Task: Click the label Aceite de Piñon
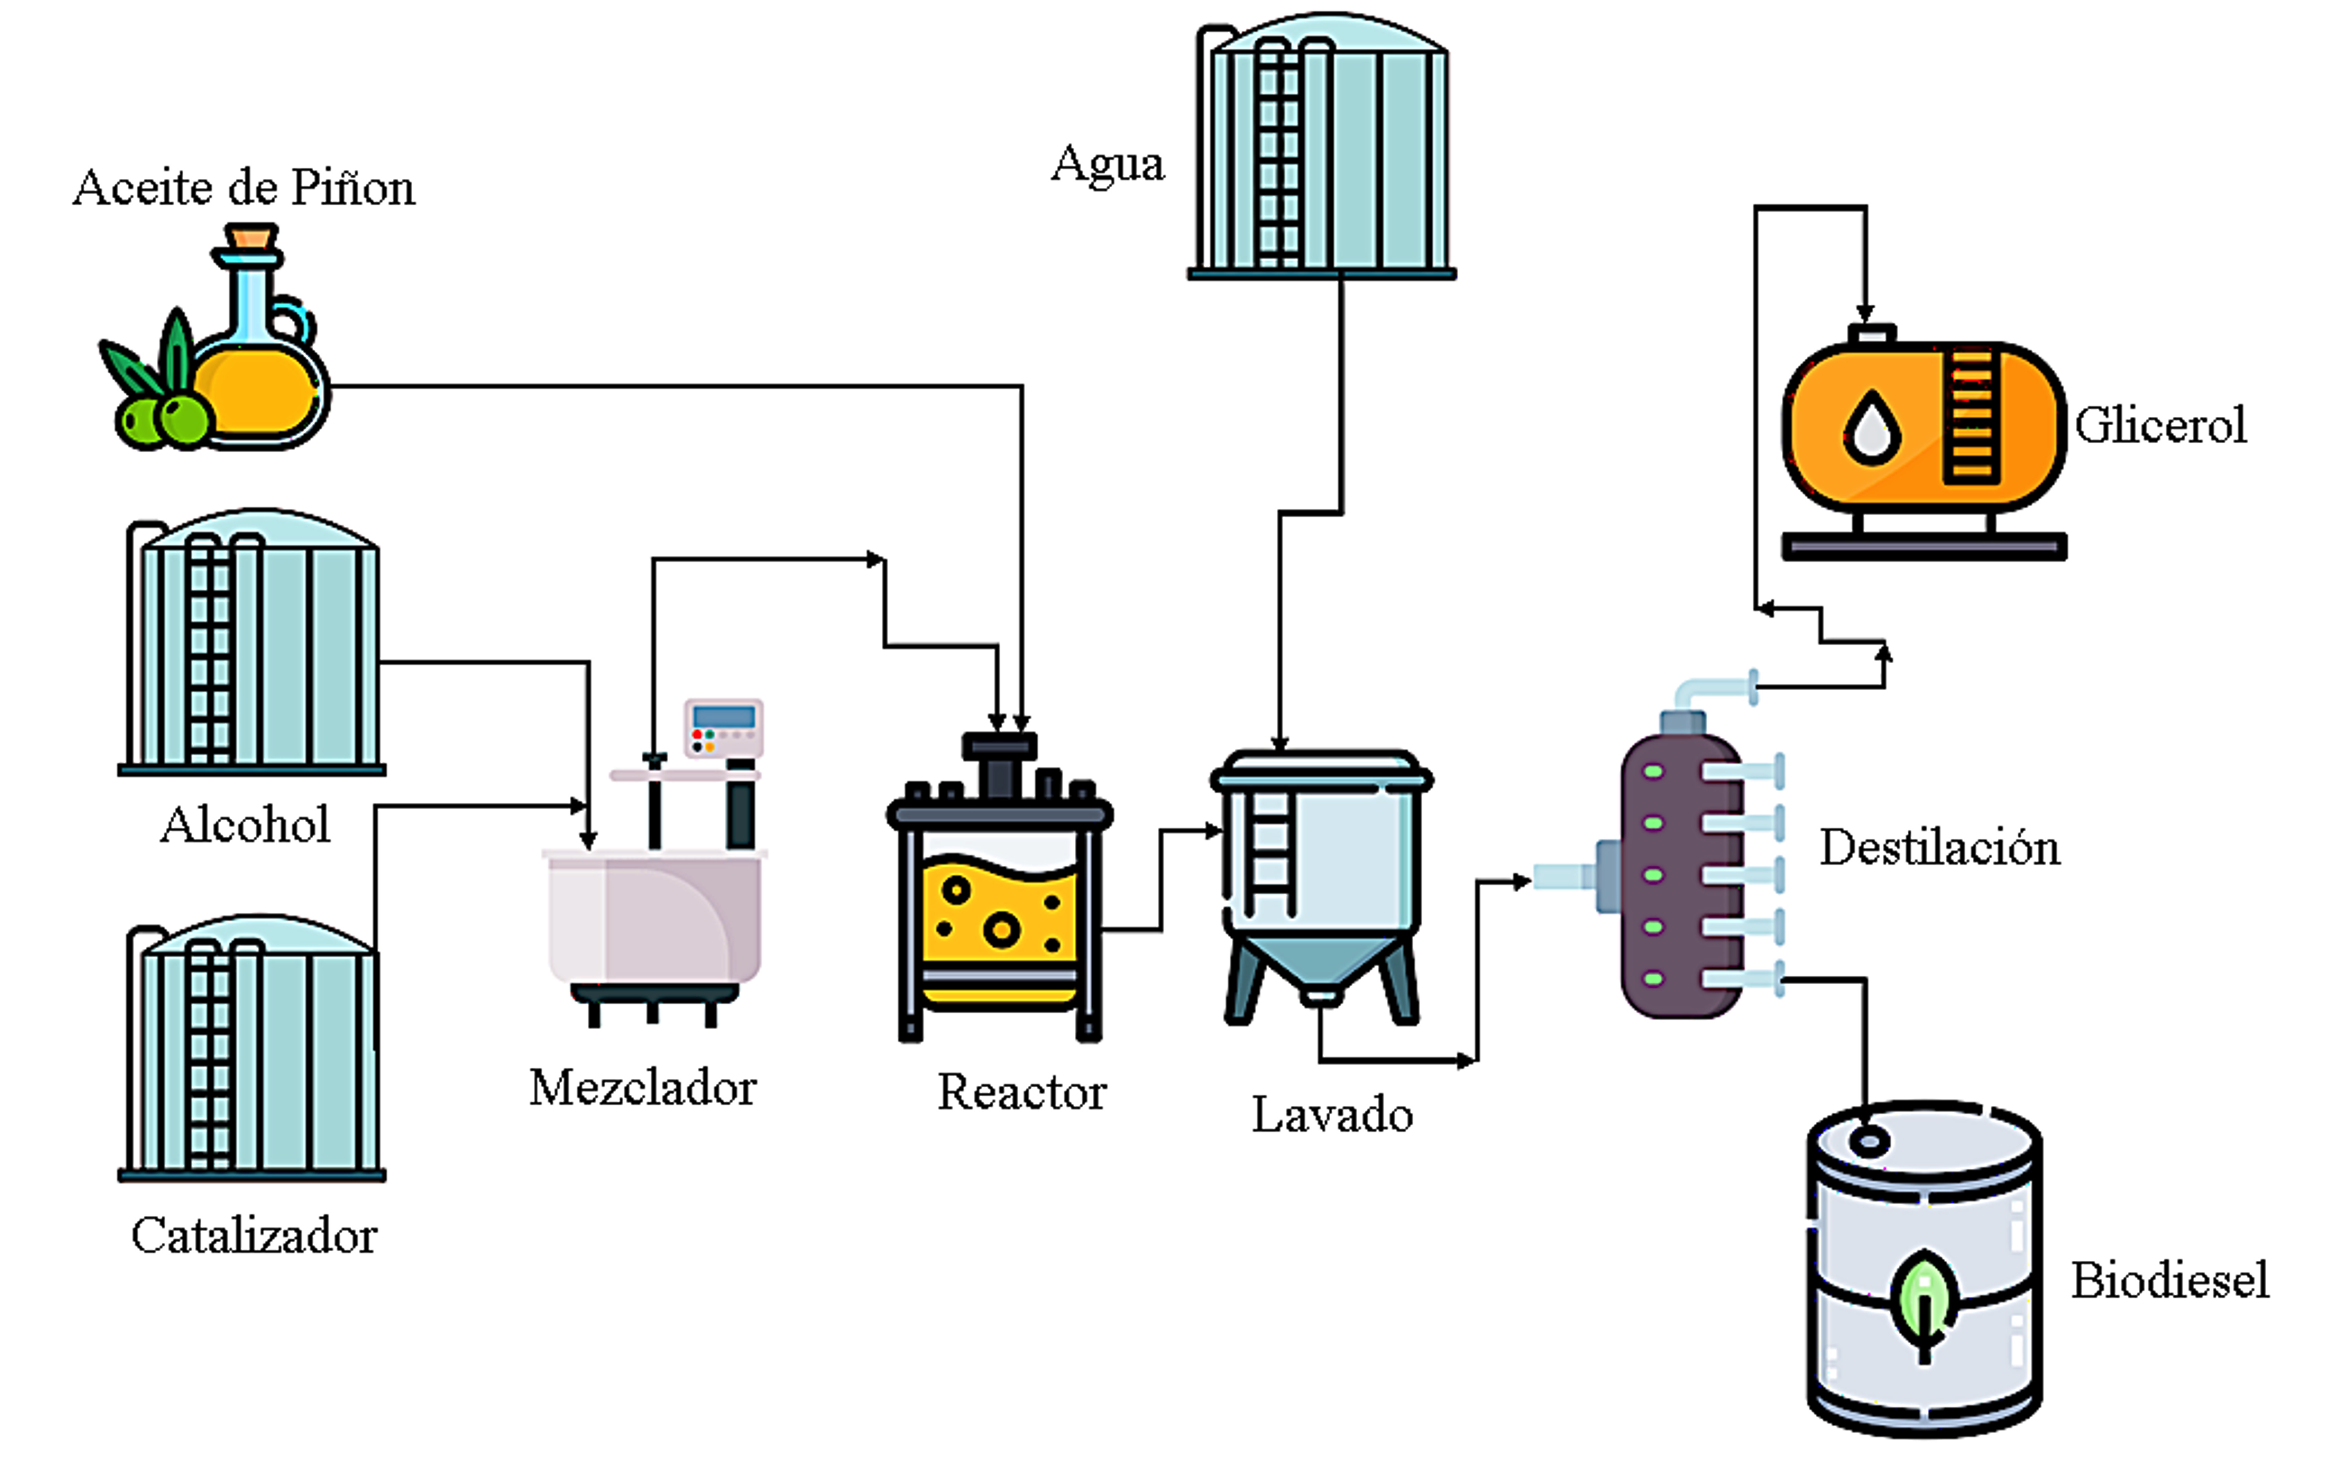[244, 187]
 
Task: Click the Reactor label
[1022, 1092]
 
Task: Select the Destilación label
[1939, 848]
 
